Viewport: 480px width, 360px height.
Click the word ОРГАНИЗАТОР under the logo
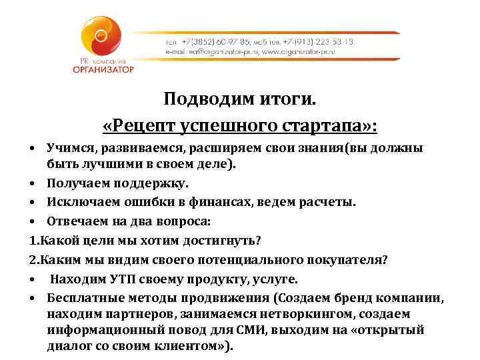(x=104, y=69)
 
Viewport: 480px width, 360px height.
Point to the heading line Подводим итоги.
(x=241, y=100)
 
